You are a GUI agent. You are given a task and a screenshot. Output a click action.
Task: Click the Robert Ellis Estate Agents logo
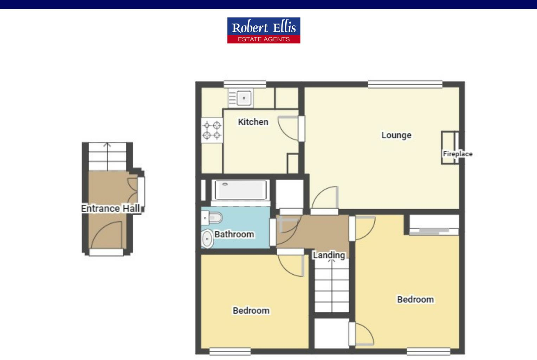[x=264, y=30]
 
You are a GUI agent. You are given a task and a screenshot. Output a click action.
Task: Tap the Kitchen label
[x=253, y=122]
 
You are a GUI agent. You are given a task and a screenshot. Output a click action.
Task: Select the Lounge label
[x=396, y=135]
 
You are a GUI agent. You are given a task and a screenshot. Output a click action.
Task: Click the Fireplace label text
[x=457, y=154]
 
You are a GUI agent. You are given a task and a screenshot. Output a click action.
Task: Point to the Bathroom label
[x=234, y=234]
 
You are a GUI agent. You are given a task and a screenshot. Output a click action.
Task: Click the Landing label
[x=329, y=255]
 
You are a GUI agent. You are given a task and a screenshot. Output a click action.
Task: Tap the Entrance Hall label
[x=110, y=208]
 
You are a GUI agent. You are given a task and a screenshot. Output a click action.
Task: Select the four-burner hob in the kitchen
[x=212, y=130]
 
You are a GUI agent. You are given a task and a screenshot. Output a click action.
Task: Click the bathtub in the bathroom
[x=240, y=190]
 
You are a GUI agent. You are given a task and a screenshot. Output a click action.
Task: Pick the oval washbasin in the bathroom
[x=207, y=239]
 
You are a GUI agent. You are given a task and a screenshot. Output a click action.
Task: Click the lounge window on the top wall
[x=405, y=84]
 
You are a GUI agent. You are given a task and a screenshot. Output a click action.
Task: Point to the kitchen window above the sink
[x=245, y=84]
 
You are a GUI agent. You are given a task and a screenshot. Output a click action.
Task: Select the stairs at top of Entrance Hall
[x=107, y=156]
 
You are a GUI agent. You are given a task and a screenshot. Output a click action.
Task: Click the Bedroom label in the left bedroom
[x=251, y=310]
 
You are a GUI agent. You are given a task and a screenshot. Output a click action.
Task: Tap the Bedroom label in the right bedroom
[x=415, y=300]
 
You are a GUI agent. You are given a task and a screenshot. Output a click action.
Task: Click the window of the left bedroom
[x=230, y=351]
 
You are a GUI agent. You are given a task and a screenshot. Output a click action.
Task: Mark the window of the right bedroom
[x=428, y=351]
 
